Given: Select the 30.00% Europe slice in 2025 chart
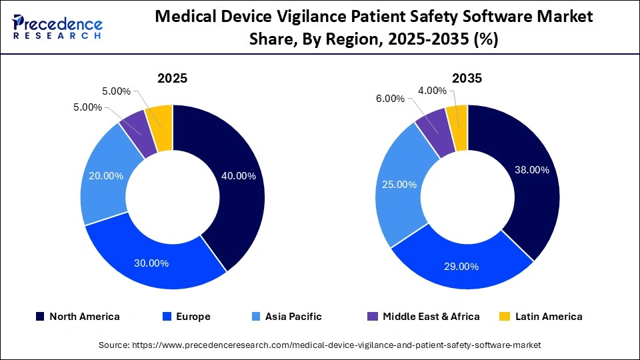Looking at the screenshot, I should click(150, 262).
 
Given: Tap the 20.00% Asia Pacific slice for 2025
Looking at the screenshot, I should click(106, 176).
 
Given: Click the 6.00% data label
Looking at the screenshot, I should click(390, 99).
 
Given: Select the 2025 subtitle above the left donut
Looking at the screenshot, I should click(172, 79).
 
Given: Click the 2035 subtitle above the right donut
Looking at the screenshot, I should click(467, 79).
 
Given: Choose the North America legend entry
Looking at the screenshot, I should click(77, 317).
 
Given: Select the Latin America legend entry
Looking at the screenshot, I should click(541, 317).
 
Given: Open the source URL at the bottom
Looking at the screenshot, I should click(319, 345).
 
